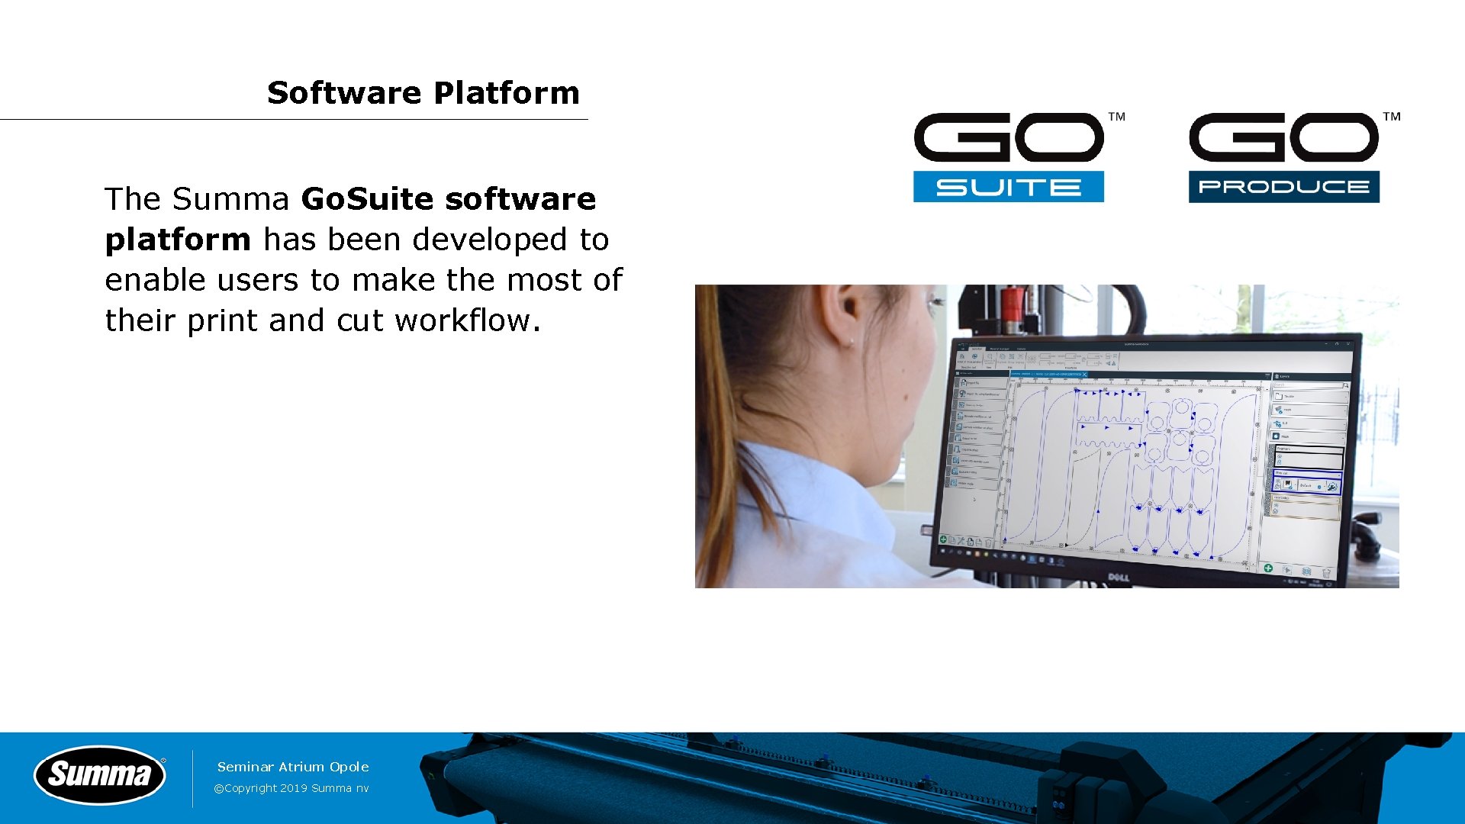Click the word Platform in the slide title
pos(507,93)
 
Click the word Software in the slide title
pos(344,93)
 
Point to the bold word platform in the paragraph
pos(178,240)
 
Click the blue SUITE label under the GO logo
pos(1008,187)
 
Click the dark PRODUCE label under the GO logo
pos(1283,187)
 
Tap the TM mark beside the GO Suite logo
pos(1116,117)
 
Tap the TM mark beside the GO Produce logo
pos(1392,117)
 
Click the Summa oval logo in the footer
pos(99,775)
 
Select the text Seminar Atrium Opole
pos(293,767)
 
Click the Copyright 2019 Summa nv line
pos(291,788)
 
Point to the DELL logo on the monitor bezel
pos(1118,578)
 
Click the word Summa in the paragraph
pos(230,199)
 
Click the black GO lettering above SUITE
pos(1008,137)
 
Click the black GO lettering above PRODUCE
pos(1283,137)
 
